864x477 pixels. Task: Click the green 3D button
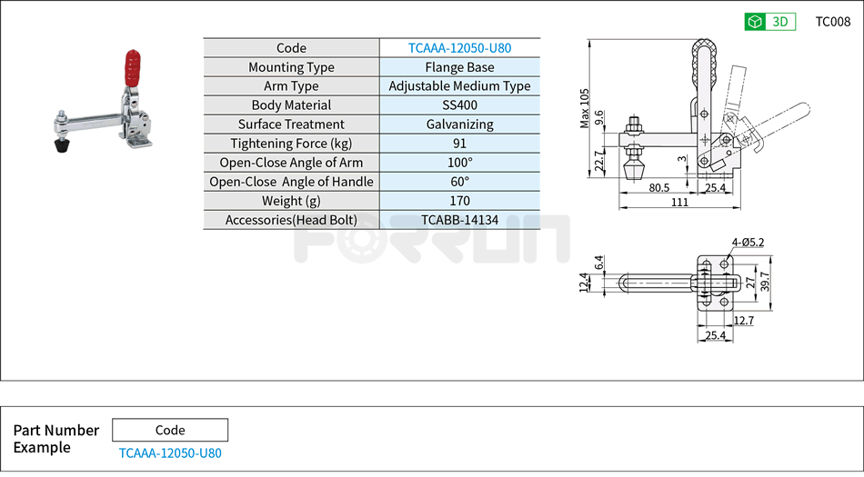769,22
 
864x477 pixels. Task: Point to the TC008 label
832,22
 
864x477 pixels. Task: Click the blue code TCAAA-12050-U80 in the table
459,48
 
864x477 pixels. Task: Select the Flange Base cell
459,67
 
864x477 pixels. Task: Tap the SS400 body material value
459,105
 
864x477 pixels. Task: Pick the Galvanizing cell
459,124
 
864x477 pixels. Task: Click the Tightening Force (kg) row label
291,144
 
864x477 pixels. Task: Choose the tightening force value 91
459,144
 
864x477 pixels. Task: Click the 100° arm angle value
459,163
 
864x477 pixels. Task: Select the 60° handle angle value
459,182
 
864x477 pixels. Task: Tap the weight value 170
459,201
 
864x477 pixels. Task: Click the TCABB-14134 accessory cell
459,220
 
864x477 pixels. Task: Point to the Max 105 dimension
585,108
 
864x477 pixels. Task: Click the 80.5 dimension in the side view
660,188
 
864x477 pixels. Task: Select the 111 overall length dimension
678,202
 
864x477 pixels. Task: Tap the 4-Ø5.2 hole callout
748,242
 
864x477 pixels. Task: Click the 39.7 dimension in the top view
764,283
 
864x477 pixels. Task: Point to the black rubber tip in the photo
62,144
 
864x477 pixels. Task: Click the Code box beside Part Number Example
170,430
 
